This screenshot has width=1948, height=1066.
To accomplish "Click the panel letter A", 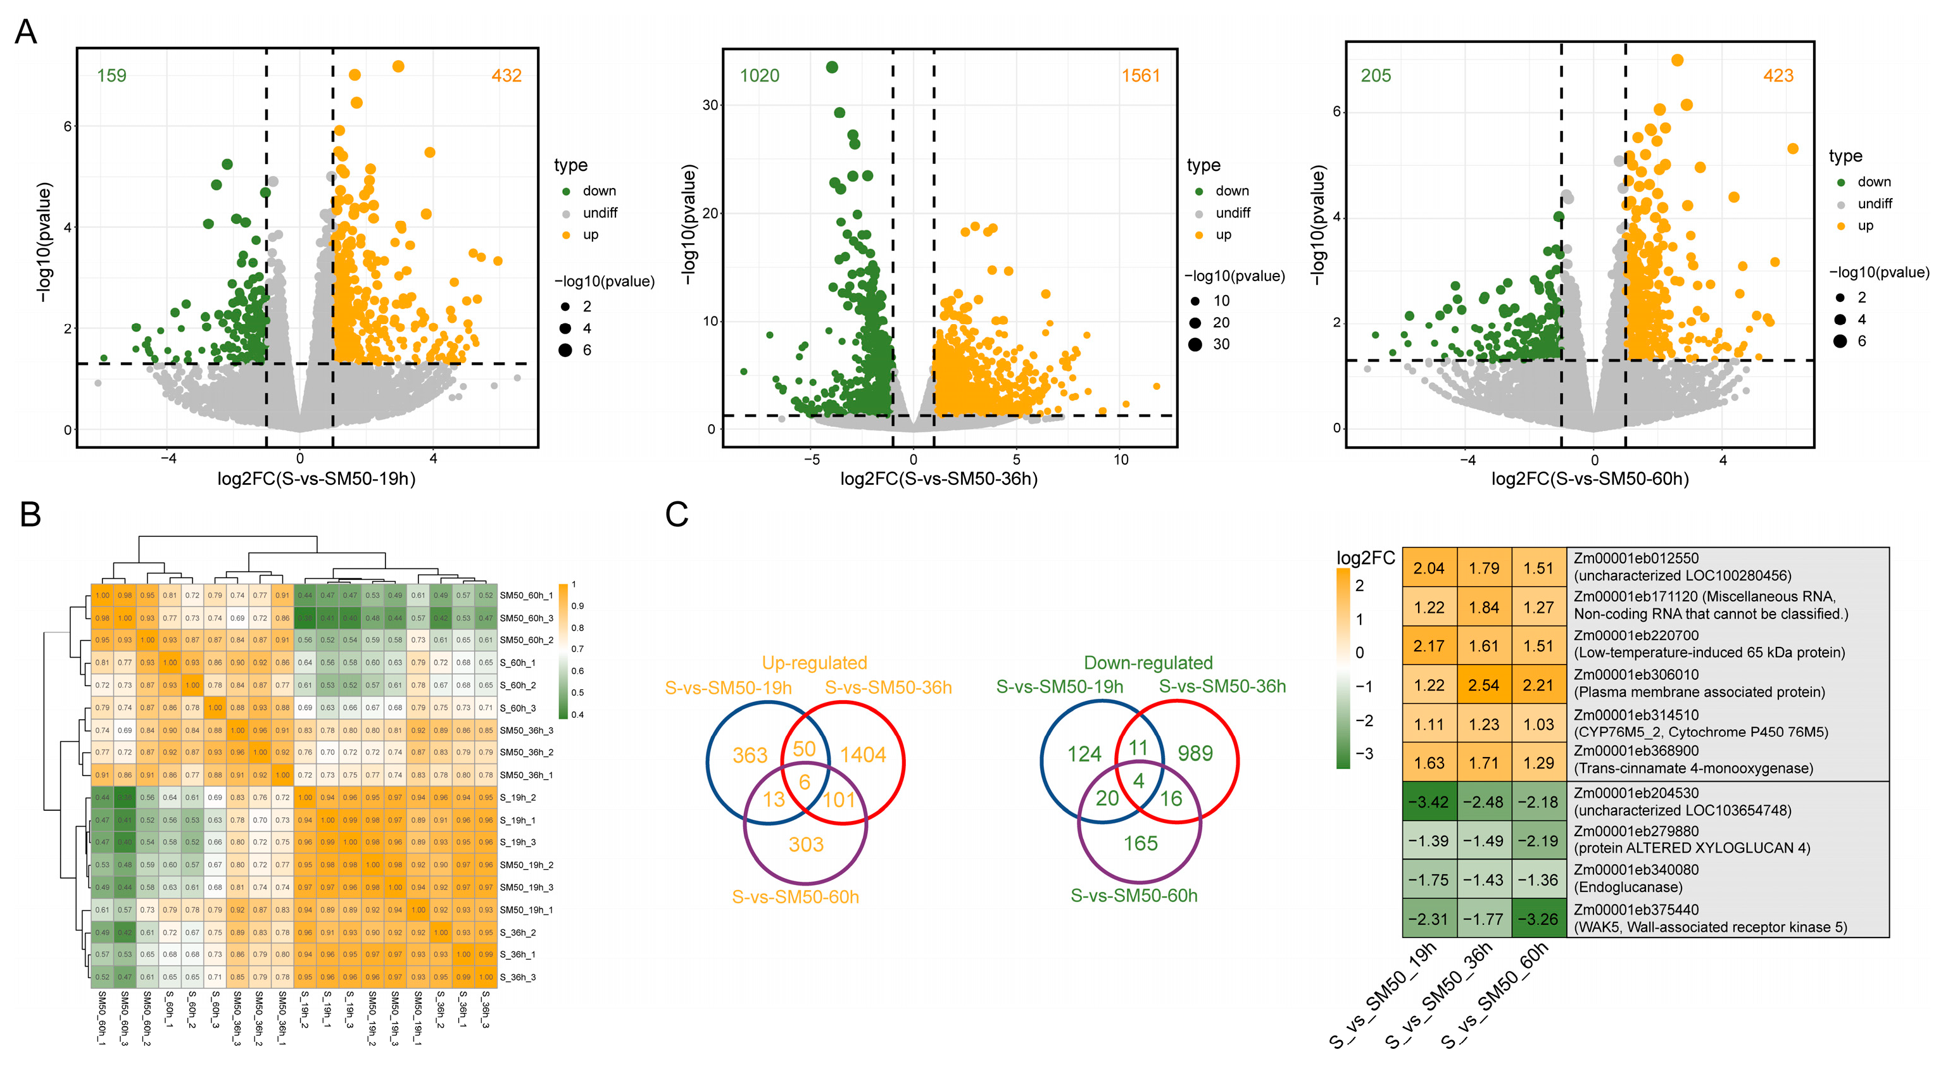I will [x=26, y=32].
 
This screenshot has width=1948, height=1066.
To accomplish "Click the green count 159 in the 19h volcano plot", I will [x=112, y=75].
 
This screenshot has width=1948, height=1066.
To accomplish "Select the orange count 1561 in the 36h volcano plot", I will [x=1140, y=75].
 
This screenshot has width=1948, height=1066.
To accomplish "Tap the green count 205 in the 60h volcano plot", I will [x=1376, y=75].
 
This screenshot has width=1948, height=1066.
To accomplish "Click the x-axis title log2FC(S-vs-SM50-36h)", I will [x=938, y=479].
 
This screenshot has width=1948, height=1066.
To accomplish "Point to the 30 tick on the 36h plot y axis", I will [x=710, y=105].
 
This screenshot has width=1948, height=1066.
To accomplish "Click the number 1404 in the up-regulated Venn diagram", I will [x=863, y=755].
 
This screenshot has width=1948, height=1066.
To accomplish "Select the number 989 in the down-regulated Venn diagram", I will [x=1195, y=753].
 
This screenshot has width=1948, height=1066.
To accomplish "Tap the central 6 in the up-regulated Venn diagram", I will [x=805, y=782].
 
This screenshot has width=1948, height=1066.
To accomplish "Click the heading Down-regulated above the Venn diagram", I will [x=1148, y=663].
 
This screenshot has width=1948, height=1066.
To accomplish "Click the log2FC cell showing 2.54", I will [x=1484, y=686].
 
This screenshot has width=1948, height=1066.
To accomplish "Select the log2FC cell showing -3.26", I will [x=1538, y=919].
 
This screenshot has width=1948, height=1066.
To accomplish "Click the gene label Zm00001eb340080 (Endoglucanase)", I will [x=1634, y=879].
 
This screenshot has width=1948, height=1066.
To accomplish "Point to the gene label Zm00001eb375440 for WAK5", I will [x=1710, y=919].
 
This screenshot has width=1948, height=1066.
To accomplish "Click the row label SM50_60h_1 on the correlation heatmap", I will [x=526, y=596].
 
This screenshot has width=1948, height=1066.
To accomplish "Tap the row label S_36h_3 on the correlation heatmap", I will [x=518, y=977].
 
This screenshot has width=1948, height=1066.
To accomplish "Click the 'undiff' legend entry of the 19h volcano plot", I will [x=600, y=213].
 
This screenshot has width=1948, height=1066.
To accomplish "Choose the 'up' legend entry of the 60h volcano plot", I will [x=1865, y=226].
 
